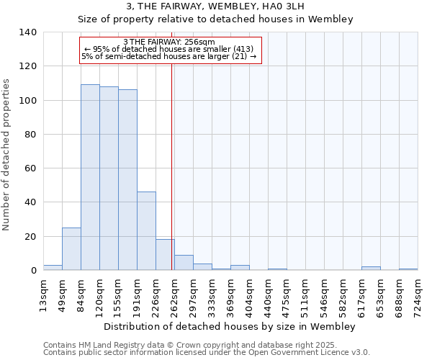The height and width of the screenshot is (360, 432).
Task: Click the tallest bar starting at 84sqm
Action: click(90, 177)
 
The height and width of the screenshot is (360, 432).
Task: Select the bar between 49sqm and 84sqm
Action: click(71, 249)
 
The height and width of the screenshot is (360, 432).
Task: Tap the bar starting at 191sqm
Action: click(146, 231)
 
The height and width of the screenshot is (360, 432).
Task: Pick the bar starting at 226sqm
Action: click(165, 255)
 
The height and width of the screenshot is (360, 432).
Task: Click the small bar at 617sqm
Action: click(371, 269)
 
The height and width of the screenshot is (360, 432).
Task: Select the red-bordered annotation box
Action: click(169, 50)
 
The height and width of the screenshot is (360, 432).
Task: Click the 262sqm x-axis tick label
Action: click(175, 294)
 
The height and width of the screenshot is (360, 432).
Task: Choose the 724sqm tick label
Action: click(418, 294)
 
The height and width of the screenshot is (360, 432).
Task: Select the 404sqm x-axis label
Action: click(250, 294)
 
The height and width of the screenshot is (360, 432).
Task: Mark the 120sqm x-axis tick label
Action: click(100, 294)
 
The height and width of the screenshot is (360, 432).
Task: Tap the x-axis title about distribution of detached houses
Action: click(230, 326)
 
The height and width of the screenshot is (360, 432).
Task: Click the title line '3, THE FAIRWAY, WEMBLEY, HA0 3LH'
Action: click(215, 6)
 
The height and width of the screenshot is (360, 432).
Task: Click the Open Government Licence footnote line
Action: click(207, 353)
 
